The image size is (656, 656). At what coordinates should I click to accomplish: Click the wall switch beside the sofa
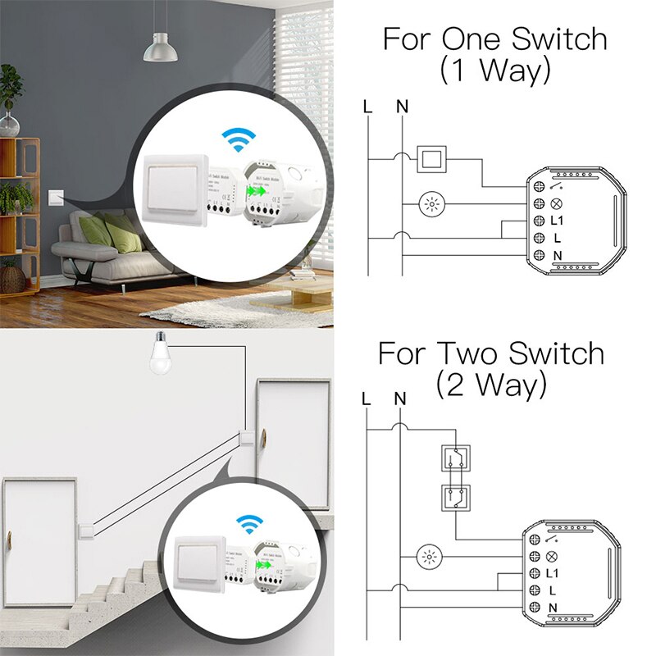tap(55, 196)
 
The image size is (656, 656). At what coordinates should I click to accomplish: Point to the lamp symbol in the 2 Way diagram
tap(429, 557)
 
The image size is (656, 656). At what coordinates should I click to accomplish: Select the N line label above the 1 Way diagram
tap(402, 107)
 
